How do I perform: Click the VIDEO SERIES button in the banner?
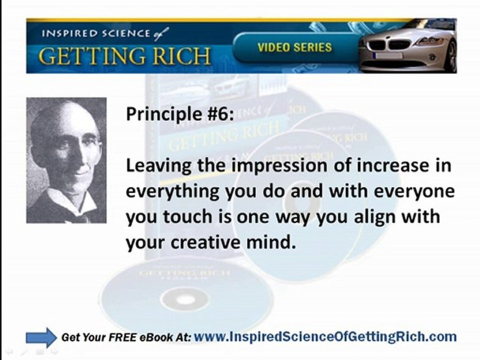(x=294, y=48)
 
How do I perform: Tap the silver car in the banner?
(x=407, y=46)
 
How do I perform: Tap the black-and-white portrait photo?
(x=66, y=160)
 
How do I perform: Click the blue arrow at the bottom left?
(x=41, y=337)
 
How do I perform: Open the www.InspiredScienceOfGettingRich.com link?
(x=325, y=336)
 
